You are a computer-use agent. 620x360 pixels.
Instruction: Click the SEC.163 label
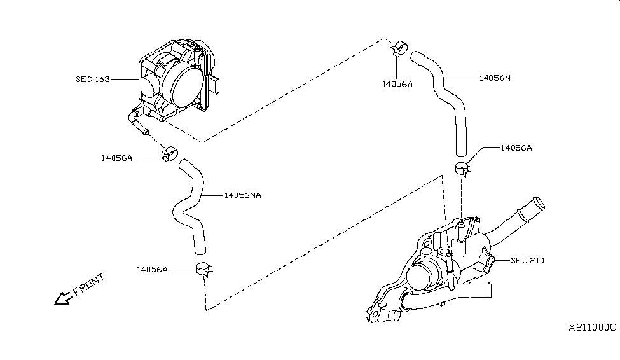click(93, 80)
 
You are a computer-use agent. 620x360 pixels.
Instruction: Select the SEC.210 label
click(528, 261)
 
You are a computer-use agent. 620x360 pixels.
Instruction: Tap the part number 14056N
click(495, 78)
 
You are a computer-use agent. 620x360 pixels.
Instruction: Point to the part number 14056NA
click(242, 195)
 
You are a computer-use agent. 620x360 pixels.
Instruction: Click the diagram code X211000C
click(592, 327)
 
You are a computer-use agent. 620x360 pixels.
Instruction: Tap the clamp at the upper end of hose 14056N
click(399, 47)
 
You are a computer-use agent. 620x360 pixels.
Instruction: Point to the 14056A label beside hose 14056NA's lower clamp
click(151, 270)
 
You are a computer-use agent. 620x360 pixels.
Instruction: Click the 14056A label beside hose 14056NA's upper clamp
click(116, 158)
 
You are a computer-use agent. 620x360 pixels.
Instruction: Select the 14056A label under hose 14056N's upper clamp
click(397, 83)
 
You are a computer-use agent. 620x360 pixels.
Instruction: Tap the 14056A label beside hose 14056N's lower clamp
click(516, 148)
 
